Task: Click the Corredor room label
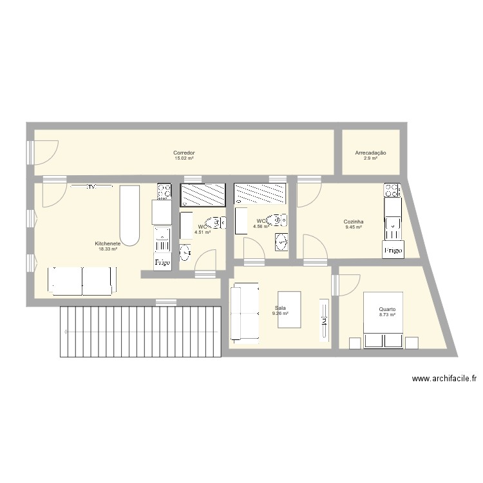[184, 153]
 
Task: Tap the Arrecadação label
[370, 153]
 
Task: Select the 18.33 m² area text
[108, 249]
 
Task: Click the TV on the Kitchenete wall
[91, 187]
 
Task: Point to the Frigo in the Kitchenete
[161, 263]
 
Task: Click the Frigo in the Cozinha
[393, 250]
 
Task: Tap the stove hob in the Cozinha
[392, 190]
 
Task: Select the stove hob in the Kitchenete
[164, 191]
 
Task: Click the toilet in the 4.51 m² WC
[218, 223]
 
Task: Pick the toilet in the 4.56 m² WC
[278, 220]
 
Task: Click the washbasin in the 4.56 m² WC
[281, 242]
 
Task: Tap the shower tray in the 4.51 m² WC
[204, 194]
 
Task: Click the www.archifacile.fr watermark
[444, 379]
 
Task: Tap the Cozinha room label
[354, 222]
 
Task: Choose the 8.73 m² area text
[387, 315]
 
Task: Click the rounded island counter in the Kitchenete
[129, 216]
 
